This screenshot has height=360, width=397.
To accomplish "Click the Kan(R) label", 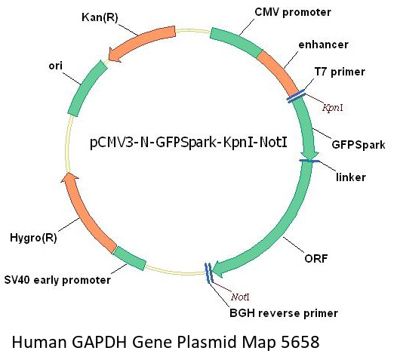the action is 100,17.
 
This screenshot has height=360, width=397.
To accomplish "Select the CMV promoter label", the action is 293,12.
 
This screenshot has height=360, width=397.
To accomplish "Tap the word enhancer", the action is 323,45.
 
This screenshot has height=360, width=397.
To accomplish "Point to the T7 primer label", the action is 340,72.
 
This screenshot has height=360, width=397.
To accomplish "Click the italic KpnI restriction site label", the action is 333,108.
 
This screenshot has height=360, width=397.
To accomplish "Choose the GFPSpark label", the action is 359,145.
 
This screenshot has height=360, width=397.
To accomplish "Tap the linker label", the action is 351,177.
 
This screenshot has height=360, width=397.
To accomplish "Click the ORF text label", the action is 316,258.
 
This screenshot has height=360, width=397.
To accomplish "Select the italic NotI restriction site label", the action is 240,297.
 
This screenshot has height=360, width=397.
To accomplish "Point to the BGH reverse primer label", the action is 284,313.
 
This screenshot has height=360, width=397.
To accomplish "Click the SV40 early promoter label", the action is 57,280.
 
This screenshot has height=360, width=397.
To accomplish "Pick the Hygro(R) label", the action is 33,238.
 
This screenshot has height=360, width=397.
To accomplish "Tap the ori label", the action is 55,66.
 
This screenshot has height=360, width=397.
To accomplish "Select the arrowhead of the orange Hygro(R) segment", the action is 69,177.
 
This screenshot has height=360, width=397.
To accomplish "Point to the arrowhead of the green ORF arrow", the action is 218,269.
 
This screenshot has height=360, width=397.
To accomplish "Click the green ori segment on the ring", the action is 86,88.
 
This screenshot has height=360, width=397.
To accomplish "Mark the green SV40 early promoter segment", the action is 129,258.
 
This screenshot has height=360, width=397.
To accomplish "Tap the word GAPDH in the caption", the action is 99,342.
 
